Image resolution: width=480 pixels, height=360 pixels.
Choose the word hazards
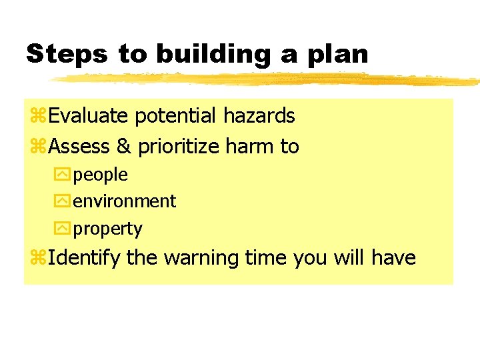click(259, 116)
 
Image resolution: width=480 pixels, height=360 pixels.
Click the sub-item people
click(100, 175)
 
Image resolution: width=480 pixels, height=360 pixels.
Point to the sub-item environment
click(124, 201)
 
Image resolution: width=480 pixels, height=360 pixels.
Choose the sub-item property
click(107, 229)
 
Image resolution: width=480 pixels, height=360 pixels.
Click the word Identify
click(85, 258)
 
